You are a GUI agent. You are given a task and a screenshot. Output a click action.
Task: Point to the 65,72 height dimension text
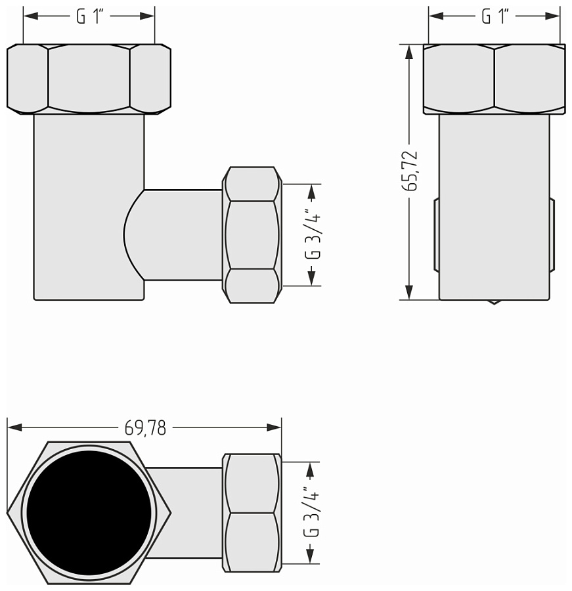click(x=412, y=171)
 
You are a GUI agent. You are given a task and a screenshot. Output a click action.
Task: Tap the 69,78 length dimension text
click(x=145, y=428)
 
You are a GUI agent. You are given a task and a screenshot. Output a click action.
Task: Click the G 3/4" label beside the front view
click(x=315, y=234)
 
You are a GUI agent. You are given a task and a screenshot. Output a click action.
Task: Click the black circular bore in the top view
click(x=89, y=512)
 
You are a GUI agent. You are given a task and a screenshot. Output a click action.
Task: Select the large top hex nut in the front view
click(x=89, y=79)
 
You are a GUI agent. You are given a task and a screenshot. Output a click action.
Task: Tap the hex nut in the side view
click(x=494, y=79)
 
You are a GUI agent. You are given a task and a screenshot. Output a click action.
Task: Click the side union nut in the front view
click(x=252, y=234)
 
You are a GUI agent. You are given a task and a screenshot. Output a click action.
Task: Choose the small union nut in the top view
click(x=252, y=512)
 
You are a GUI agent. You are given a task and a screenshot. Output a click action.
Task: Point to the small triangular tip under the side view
click(x=494, y=302)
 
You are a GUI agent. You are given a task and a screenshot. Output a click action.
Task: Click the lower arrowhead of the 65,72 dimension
click(x=409, y=294)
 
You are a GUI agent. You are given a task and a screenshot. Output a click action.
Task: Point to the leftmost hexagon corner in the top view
click(x=9, y=512)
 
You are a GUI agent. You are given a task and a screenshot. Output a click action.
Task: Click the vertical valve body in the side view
click(x=494, y=204)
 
